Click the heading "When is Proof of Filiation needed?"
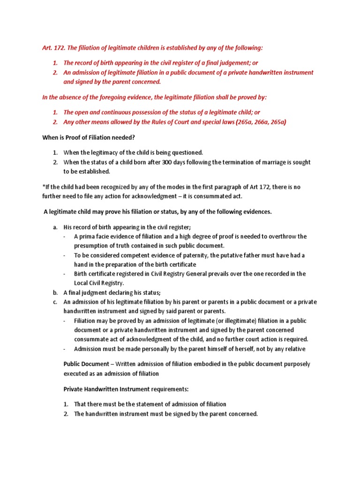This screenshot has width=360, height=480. pyautogui.click(x=89, y=137)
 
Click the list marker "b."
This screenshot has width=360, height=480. pyautogui.click(x=55, y=292)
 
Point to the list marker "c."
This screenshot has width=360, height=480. pyautogui.click(x=55, y=302)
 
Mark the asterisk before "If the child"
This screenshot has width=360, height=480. pyautogui.click(x=44, y=187)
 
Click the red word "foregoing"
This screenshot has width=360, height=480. pyautogui.click(x=112, y=97)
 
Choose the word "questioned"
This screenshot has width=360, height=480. pyautogui.click(x=182, y=153)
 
